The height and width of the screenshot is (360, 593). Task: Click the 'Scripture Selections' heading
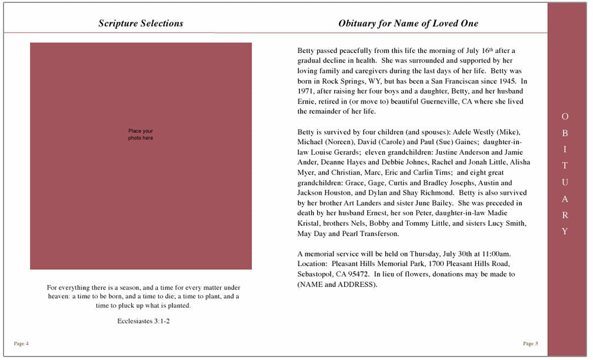141,24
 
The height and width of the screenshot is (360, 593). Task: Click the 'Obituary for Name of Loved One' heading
408,24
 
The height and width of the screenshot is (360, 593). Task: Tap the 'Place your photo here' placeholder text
141,134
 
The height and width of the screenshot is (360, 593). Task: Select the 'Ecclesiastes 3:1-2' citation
144,321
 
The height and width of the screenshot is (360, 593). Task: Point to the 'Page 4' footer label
21,344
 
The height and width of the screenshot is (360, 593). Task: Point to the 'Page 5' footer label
530,344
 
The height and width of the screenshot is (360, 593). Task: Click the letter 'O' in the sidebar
565,116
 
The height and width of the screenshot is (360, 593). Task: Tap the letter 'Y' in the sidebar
565,231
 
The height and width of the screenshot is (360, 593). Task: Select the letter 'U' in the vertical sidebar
565,182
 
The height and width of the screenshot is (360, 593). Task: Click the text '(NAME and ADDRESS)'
337,284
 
